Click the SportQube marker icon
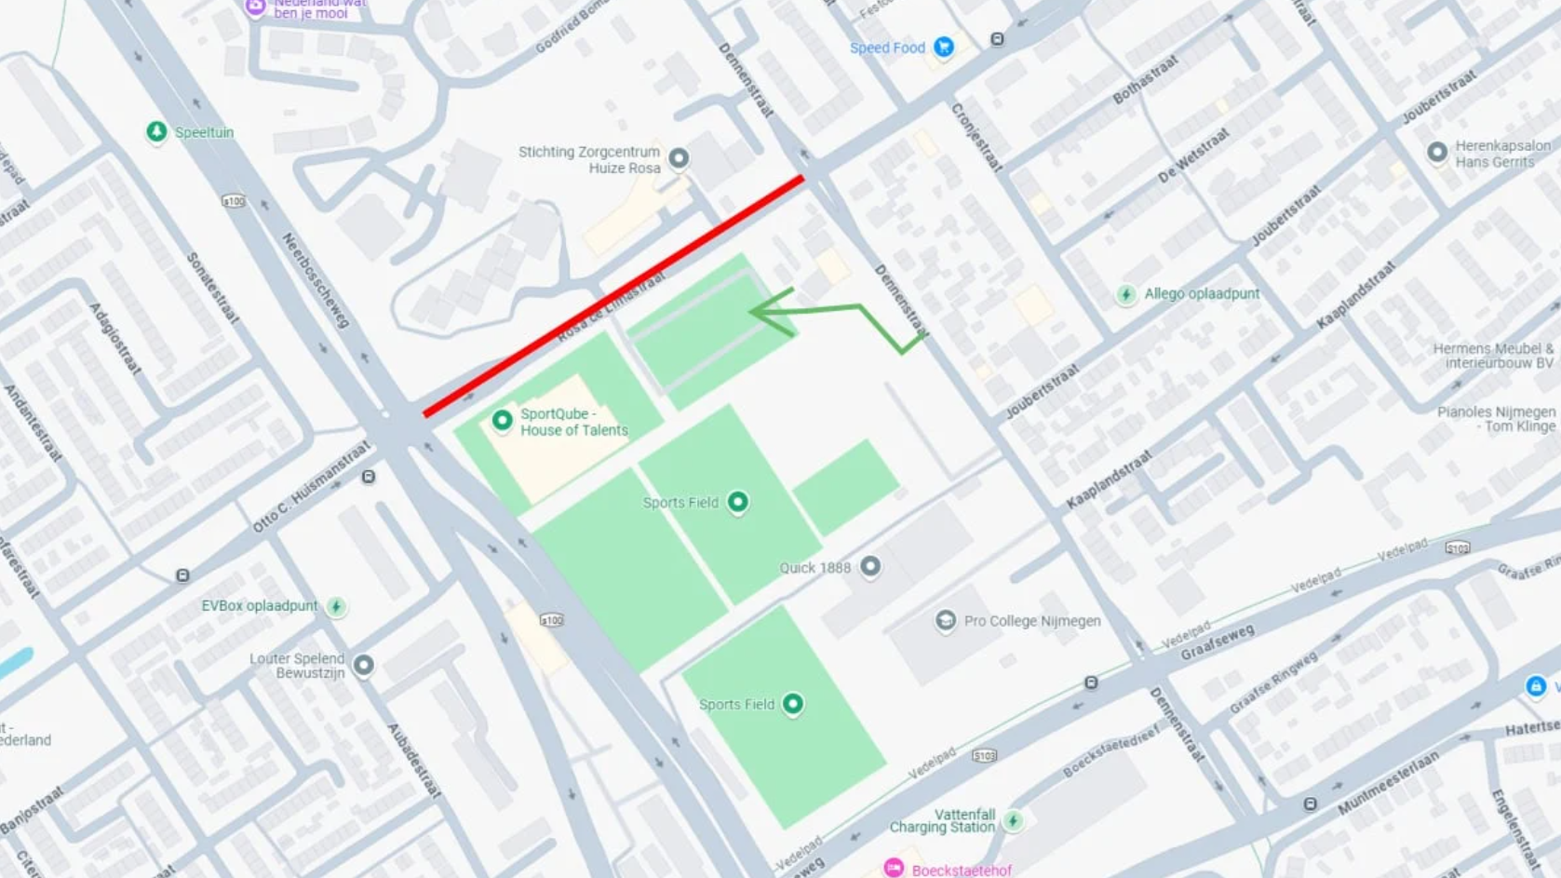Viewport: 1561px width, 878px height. [502, 421]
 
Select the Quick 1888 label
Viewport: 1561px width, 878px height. [815, 568]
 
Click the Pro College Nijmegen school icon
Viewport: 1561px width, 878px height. [945, 621]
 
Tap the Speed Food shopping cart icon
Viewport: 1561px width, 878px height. [944, 47]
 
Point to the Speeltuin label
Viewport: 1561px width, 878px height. [204, 132]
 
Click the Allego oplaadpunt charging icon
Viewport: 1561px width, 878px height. [1126, 295]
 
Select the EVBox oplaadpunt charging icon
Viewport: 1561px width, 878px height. [336, 607]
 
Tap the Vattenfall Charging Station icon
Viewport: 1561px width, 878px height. [1013, 820]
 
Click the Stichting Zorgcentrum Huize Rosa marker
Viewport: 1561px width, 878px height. [680, 158]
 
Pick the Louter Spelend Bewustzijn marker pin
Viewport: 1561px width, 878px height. [364, 665]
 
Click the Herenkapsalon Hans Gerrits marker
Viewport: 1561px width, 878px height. [1437, 152]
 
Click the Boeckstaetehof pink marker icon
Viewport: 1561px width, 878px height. [894, 868]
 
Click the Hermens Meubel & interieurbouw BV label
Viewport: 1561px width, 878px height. [1493, 356]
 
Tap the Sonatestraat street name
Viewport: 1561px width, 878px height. [214, 288]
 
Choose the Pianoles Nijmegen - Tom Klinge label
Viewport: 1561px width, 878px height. [1496, 419]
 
